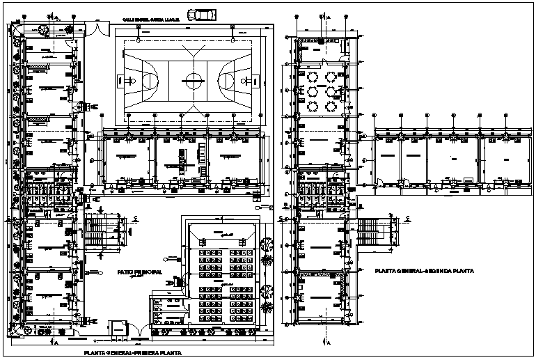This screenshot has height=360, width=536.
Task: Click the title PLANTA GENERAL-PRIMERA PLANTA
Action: tap(133, 354)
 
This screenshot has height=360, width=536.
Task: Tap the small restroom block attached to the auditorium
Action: tap(167, 306)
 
